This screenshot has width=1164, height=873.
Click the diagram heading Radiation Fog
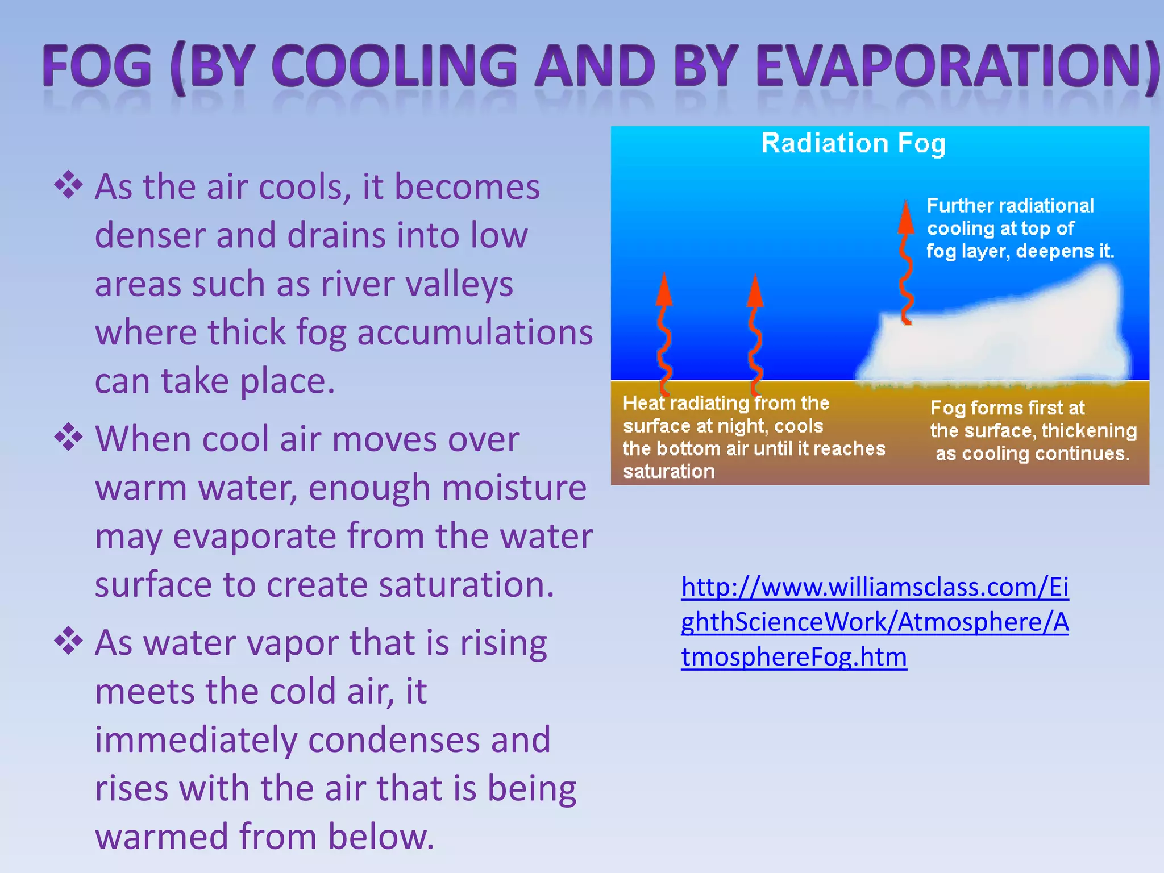click(x=853, y=143)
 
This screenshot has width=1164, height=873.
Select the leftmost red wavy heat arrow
click(x=664, y=335)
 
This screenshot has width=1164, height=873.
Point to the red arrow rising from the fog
click(x=905, y=261)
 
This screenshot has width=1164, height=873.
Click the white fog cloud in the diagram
click(x=1000, y=335)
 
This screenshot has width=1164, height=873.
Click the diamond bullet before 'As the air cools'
click(x=68, y=185)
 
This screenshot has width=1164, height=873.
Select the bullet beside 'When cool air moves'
click(x=68, y=437)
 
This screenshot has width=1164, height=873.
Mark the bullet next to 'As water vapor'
click(x=68, y=641)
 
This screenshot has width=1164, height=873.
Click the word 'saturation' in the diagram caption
click(x=668, y=472)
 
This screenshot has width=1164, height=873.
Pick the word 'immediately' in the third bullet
click(x=196, y=739)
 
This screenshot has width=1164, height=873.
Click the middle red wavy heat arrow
click(x=755, y=335)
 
